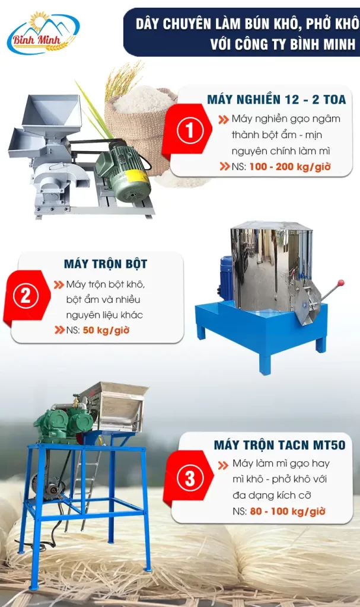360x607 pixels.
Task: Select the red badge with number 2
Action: pos(26,296)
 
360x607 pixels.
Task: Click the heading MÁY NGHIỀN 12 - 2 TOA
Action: pos(276,100)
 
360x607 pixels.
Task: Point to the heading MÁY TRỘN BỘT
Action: pos(106,264)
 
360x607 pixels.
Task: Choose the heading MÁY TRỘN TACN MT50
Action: pos(279,445)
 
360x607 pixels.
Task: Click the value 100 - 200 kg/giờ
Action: pos(290,167)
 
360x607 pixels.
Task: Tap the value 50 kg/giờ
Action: pos(106,330)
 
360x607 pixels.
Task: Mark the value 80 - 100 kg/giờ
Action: pos(288,511)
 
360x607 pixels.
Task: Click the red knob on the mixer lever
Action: pos(340,283)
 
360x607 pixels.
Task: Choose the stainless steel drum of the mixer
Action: pos(270,267)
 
